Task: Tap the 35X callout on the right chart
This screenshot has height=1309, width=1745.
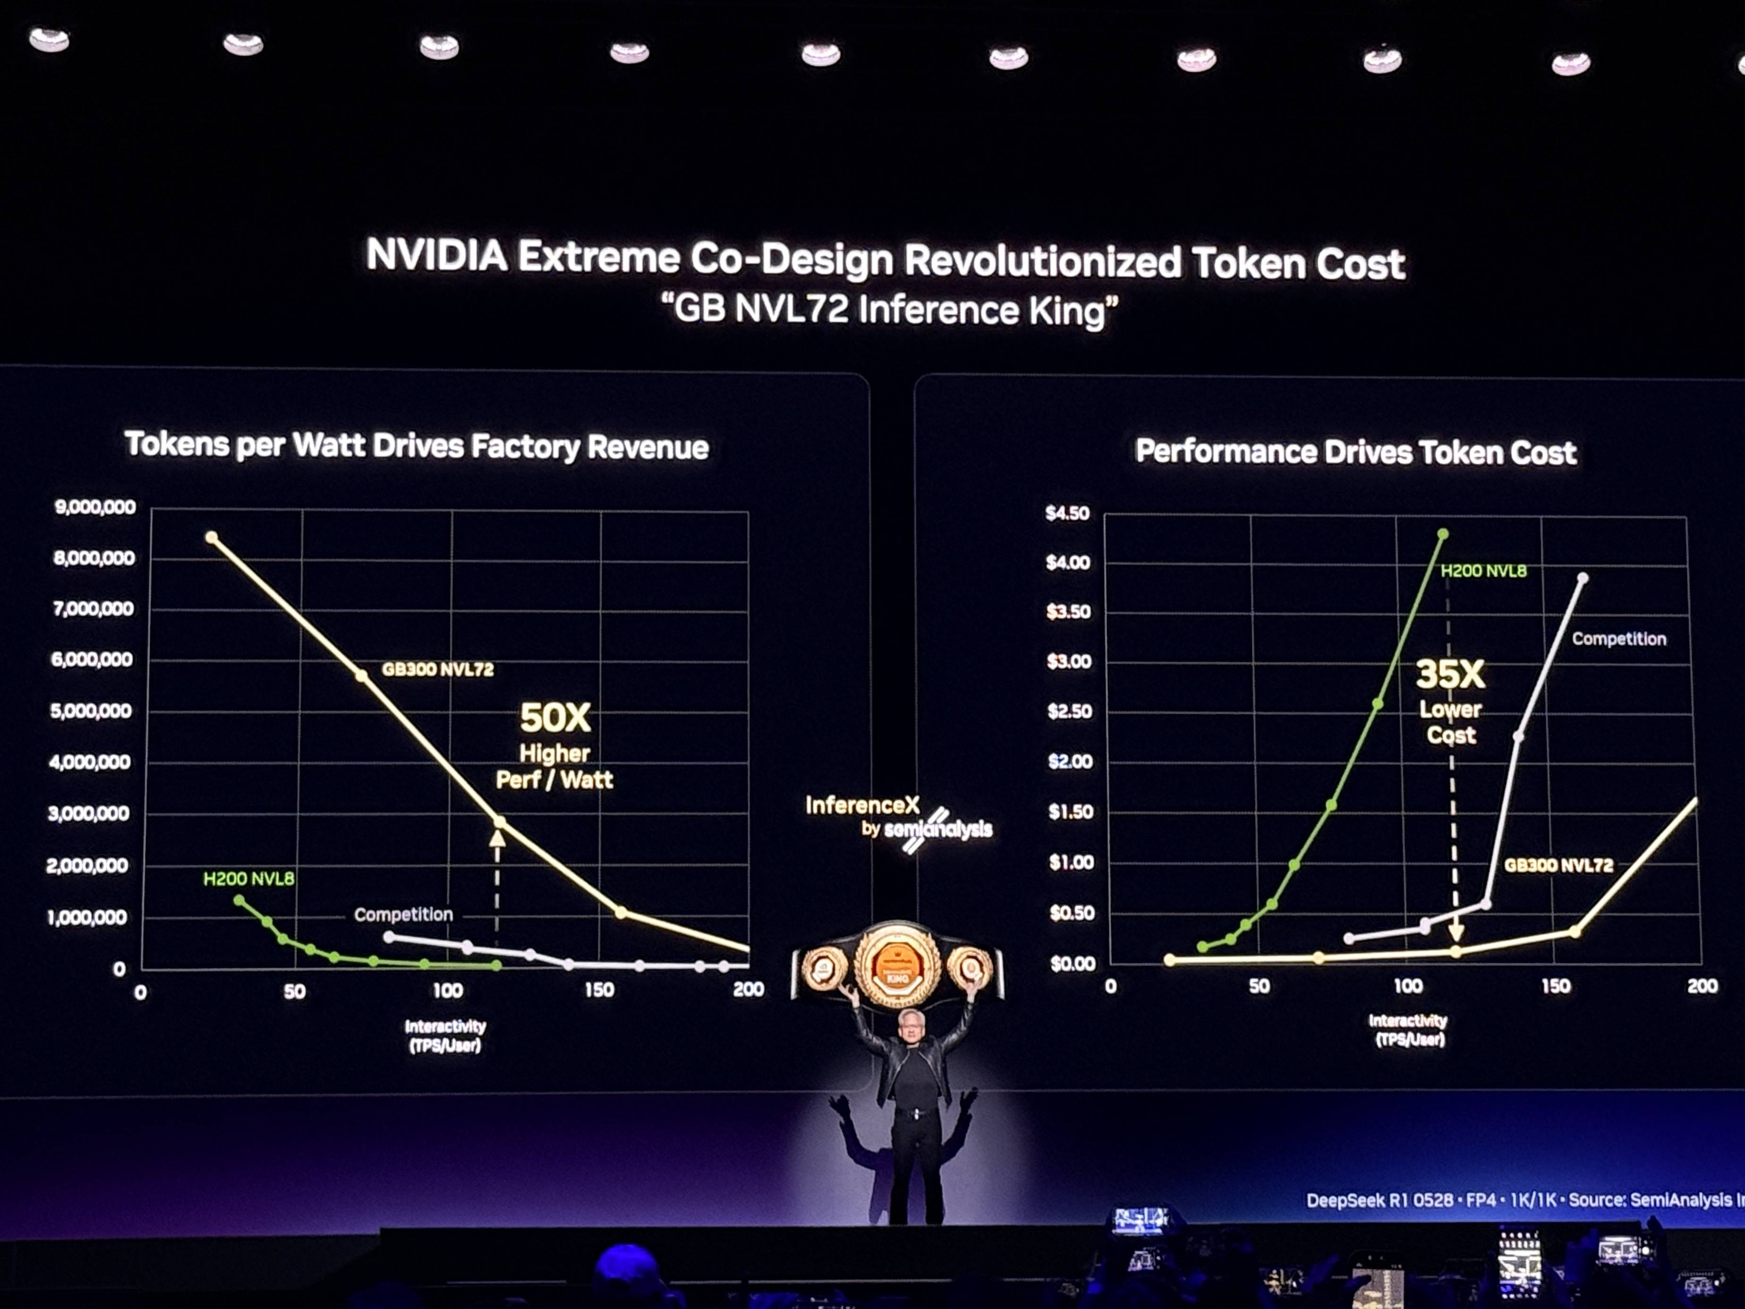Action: pyautogui.click(x=1450, y=675)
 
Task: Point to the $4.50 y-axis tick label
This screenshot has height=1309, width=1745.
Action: pyautogui.click(x=1067, y=513)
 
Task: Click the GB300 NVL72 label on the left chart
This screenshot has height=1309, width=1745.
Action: pyautogui.click(x=438, y=669)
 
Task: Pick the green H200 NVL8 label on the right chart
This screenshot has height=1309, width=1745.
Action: pyautogui.click(x=1483, y=571)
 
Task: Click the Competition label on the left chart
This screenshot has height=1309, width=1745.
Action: pyautogui.click(x=403, y=915)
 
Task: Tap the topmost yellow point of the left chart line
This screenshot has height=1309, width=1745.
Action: pyautogui.click(x=212, y=537)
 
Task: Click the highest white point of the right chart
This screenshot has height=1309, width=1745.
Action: pyautogui.click(x=1583, y=578)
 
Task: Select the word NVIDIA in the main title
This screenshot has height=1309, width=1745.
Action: pyautogui.click(x=436, y=256)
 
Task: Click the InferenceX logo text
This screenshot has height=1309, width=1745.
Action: pyautogui.click(x=862, y=805)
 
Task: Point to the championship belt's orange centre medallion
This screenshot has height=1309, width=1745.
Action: pyautogui.click(x=898, y=964)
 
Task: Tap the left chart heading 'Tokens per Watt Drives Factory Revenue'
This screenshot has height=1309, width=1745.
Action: pyautogui.click(x=417, y=446)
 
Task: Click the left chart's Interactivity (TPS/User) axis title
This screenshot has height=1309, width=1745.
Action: pyautogui.click(x=445, y=1035)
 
